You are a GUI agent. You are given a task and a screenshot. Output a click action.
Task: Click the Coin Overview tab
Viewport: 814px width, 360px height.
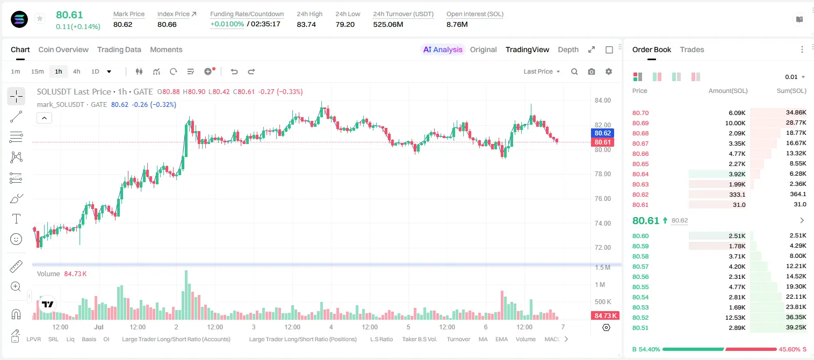[63, 49]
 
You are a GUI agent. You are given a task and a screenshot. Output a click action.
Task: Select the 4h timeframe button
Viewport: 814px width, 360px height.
[76, 71]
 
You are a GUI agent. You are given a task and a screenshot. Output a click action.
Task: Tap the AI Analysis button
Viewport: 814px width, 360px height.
[443, 49]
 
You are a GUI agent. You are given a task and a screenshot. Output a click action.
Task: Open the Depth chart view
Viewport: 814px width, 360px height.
[568, 49]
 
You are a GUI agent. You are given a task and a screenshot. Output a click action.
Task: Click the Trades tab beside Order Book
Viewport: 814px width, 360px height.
[692, 49]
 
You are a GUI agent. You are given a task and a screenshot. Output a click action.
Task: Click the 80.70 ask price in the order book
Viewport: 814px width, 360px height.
[640, 113]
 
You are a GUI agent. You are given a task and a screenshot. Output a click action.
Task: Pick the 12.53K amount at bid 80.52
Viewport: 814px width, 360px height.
[735, 318]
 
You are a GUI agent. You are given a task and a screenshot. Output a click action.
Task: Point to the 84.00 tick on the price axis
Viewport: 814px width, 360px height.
[602, 100]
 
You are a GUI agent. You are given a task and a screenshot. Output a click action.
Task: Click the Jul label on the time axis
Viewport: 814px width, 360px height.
[99, 327]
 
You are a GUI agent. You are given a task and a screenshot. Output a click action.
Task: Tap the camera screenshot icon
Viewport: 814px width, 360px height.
[592, 71]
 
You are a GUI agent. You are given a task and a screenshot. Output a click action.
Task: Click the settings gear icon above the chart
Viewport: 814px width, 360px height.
[609, 71]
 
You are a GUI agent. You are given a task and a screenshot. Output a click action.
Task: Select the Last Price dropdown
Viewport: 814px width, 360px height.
[542, 71]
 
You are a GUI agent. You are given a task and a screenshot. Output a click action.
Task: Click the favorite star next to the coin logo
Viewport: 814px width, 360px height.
[40, 18]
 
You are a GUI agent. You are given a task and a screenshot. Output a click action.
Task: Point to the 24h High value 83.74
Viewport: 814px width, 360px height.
[306, 24]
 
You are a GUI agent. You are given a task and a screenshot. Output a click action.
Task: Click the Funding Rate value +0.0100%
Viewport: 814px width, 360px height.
[227, 24]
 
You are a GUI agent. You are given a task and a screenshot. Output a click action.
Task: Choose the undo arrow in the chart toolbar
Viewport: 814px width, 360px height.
[234, 71]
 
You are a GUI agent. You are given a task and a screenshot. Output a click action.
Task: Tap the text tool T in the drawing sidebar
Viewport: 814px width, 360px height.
[16, 219]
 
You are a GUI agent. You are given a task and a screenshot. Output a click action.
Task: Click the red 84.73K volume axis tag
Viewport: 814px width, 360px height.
[605, 316]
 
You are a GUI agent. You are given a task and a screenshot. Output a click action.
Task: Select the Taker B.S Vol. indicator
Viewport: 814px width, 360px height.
[419, 339]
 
